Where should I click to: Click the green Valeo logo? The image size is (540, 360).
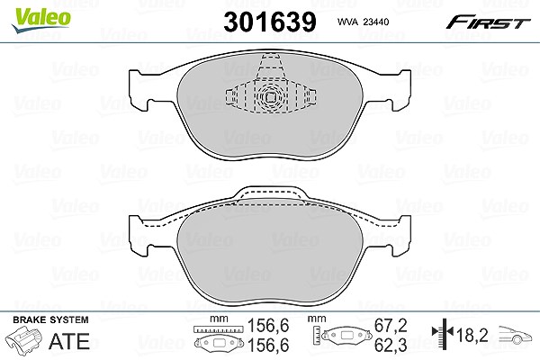point(41,20)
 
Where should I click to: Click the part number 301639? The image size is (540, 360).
point(270,22)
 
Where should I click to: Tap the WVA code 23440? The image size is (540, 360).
point(376,22)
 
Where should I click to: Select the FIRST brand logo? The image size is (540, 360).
point(489,22)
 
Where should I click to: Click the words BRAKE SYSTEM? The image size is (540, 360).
point(50,319)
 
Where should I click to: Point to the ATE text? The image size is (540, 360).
point(69,341)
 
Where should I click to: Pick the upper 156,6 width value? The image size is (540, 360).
point(268,326)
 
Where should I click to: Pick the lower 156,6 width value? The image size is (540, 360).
point(268,346)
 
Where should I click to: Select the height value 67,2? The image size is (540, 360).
point(391,326)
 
